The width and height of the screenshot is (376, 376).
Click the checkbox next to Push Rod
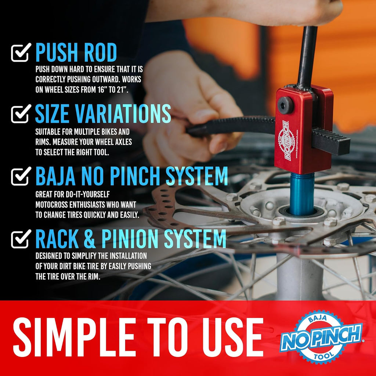(21, 53)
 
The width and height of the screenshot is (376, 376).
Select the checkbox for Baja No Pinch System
(21, 177)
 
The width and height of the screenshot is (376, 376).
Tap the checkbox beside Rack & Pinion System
(21, 239)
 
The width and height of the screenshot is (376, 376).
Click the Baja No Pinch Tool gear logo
(321, 337)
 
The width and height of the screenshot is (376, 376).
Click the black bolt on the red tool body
(285, 105)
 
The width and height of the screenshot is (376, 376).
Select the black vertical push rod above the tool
(307, 55)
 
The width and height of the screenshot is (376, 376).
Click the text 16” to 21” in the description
(110, 89)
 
